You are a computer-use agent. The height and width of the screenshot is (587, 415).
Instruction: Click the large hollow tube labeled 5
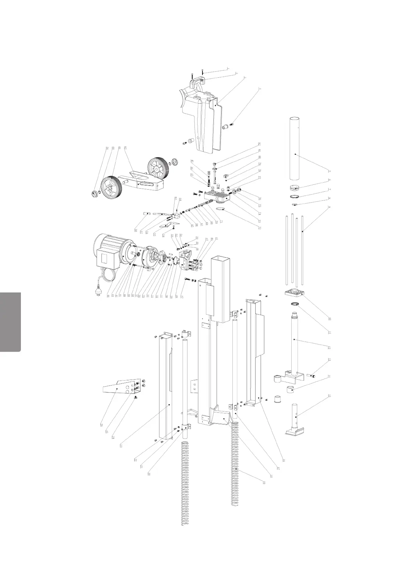click(x=295, y=146)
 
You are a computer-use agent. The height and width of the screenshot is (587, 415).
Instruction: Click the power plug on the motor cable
click(x=98, y=293)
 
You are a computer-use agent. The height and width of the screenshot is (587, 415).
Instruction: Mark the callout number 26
click(x=101, y=425)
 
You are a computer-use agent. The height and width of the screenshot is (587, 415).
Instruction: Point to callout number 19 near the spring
click(x=265, y=482)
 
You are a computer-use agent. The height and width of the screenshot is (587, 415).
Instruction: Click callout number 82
click(x=260, y=144)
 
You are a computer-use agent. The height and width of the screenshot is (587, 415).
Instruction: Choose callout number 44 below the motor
click(x=108, y=296)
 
